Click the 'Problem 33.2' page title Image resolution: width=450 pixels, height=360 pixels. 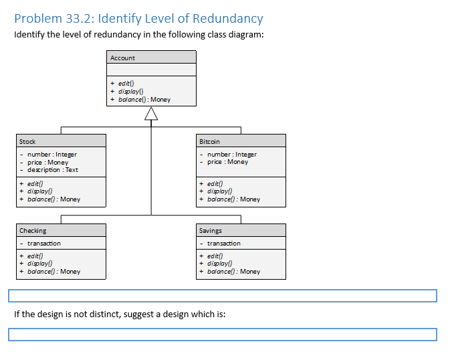tap(138, 19)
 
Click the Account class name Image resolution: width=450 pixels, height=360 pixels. tap(123, 58)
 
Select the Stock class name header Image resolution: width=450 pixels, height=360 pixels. tap(28, 141)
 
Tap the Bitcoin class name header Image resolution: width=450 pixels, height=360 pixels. tap(210, 141)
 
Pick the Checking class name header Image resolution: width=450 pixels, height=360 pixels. tap(33, 231)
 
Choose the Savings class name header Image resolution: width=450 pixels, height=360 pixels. tap(211, 231)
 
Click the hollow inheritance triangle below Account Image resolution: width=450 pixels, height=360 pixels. tap(151, 117)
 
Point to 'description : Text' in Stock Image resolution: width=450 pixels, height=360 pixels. tap(53, 170)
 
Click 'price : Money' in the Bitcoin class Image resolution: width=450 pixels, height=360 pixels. tap(227, 162)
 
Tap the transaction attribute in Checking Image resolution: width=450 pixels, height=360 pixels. tap(44, 244)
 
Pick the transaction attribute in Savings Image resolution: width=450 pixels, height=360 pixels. tap(224, 244)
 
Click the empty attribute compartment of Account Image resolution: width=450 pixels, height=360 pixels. tap(151, 70)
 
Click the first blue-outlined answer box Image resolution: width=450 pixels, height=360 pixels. tap(222, 296)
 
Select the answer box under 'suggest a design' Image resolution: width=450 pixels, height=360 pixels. tap(222, 335)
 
